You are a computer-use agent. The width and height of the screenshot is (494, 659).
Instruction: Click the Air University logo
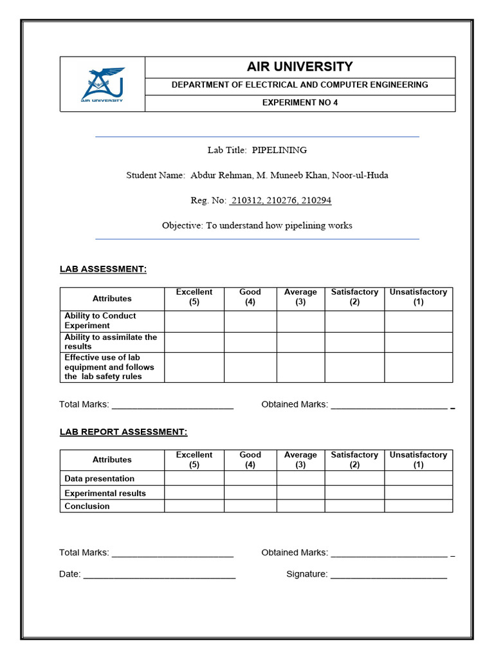103,84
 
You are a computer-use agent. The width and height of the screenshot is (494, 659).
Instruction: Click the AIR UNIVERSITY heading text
300,67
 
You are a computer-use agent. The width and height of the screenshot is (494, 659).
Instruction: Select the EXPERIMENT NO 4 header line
300,103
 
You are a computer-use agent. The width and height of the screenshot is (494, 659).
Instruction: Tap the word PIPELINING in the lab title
279,150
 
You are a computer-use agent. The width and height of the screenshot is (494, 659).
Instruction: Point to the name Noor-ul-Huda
360,175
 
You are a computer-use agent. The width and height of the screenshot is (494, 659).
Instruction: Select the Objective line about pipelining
257,225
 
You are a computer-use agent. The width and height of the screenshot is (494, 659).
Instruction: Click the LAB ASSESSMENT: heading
103,269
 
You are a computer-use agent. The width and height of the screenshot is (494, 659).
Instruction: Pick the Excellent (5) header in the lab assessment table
194,297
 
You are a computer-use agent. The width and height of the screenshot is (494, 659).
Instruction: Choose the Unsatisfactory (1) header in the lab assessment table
418,297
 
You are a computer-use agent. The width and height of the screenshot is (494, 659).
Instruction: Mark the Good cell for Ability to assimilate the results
250,342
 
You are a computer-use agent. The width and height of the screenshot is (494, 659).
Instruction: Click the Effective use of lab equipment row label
109,367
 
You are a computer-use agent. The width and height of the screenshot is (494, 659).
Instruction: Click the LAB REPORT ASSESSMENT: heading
123,432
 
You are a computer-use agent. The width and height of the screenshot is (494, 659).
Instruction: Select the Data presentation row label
100,479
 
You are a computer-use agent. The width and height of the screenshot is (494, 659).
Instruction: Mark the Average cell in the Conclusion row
300,506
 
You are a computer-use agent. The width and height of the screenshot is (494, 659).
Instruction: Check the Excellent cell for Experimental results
194,493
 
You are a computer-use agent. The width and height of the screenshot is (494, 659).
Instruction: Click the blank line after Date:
159,575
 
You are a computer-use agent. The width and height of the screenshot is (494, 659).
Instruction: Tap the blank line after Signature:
389,575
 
